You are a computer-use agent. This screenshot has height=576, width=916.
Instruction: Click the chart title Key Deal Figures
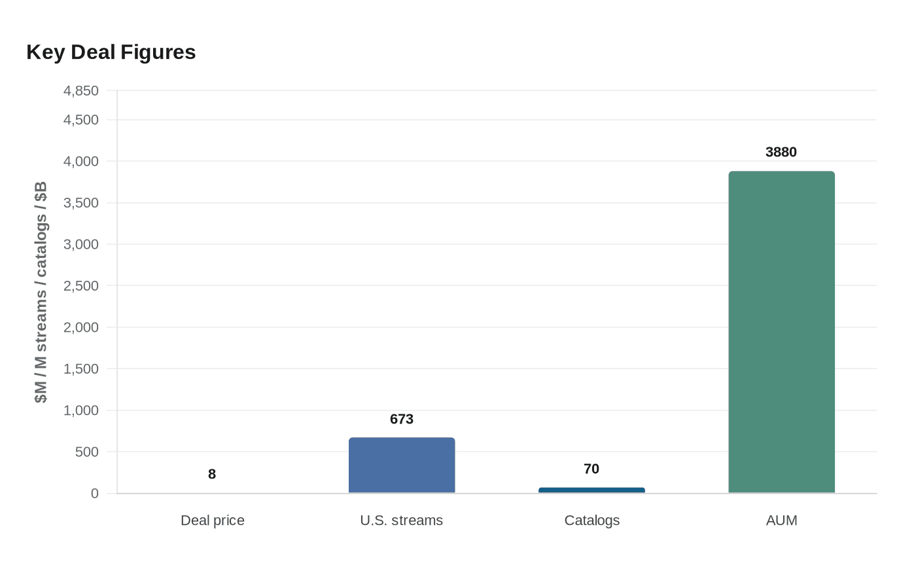(111, 52)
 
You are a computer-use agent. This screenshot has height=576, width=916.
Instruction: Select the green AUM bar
(781, 333)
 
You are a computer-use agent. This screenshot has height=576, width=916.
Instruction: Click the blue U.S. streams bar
(402, 465)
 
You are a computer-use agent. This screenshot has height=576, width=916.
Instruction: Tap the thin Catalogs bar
(591, 490)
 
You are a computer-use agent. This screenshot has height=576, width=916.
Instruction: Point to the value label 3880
(781, 152)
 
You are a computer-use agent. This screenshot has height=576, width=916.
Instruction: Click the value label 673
(402, 419)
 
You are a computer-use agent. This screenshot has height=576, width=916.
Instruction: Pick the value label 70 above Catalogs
(591, 469)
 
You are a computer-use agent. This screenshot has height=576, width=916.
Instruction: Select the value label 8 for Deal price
(212, 474)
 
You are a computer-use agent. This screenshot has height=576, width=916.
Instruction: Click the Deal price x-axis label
(213, 520)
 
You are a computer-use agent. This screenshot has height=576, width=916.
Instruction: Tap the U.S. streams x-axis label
(402, 520)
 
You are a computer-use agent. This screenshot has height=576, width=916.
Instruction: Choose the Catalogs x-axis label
(591, 520)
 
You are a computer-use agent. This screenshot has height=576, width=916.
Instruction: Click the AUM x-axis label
(781, 520)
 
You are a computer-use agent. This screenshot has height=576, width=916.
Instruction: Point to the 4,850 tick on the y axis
(81, 91)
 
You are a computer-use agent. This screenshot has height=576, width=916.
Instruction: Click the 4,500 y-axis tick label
(81, 120)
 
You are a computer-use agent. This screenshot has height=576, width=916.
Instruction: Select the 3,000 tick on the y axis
(81, 244)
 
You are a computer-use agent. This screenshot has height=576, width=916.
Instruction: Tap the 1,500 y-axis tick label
(81, 369)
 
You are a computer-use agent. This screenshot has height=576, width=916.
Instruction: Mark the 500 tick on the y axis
(86, 452)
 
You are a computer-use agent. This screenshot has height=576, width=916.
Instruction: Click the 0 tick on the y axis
(94, 494)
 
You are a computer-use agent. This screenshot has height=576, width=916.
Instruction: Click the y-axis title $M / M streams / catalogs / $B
(41, 293)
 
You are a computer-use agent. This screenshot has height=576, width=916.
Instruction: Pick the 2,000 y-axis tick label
(81, 327)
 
